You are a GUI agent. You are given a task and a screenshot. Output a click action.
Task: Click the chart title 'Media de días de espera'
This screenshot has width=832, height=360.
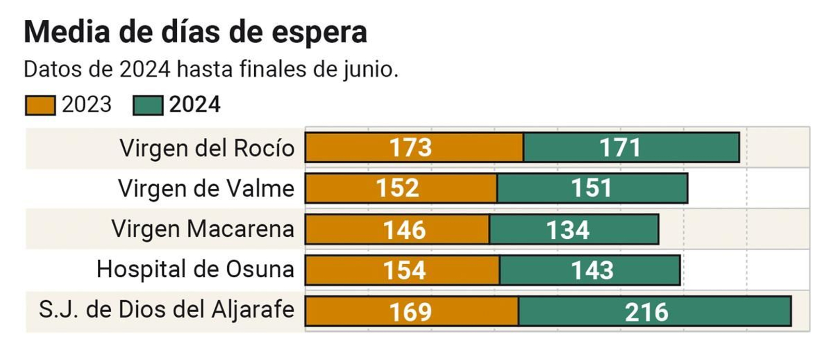point(196,32)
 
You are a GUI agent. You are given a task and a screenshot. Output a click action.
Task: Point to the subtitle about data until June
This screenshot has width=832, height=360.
point(211,69)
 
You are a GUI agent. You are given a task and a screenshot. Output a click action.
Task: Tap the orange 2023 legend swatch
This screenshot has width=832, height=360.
point(40,105)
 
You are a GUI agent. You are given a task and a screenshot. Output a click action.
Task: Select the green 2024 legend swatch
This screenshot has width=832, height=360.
point(148,105)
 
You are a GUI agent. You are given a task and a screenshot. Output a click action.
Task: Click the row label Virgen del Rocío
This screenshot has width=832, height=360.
point(207,148)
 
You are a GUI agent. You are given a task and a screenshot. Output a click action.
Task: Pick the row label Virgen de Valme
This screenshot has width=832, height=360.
point(206,188)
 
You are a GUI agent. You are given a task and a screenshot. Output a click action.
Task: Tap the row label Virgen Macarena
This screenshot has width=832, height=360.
point(203,229)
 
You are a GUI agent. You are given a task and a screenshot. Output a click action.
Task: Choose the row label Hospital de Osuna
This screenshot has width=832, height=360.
point(195,269)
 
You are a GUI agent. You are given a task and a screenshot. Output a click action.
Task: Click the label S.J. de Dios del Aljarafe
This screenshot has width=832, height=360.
point(166,310)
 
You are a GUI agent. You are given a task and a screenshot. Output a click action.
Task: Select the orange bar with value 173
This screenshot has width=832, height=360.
point(414,148)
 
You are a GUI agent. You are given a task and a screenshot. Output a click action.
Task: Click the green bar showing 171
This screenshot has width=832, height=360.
point(631,148)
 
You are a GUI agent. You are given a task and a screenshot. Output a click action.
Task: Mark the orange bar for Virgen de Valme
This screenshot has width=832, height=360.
point(400,188)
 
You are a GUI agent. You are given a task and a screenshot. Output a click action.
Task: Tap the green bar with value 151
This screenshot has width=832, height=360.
point(592,188)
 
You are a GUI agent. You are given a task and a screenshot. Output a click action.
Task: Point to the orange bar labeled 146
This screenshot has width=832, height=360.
point(397,229)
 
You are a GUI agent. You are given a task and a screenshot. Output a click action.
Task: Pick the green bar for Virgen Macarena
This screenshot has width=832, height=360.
point(574,229)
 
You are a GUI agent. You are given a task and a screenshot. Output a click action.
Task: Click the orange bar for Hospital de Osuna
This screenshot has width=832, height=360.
point(402,270)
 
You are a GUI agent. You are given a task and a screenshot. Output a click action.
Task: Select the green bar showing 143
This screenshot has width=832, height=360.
point(590,270)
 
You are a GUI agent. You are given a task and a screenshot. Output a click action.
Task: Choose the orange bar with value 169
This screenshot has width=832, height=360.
point(411,311)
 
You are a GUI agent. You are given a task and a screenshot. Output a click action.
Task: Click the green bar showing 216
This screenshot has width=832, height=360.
point(654,311)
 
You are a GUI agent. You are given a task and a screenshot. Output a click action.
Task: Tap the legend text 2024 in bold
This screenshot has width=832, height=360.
point(194,105)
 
